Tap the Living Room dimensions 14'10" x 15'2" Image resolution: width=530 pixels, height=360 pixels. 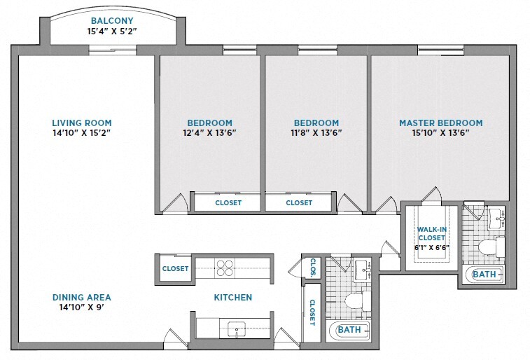tap(82, 132)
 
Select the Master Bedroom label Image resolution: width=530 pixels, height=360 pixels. tap(440, 123)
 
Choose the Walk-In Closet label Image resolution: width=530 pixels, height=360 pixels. tap(432, 233)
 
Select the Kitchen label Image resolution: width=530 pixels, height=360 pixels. tap(232, 298)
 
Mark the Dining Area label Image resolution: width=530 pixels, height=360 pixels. tap(81, 297)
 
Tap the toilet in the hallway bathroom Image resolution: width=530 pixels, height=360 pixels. tap(356, 302)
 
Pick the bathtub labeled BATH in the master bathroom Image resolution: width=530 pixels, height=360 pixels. tap(483, 275)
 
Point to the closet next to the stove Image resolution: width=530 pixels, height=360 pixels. tap(174, 268)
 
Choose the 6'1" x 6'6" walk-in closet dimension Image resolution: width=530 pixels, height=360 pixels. tap(432, 247)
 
